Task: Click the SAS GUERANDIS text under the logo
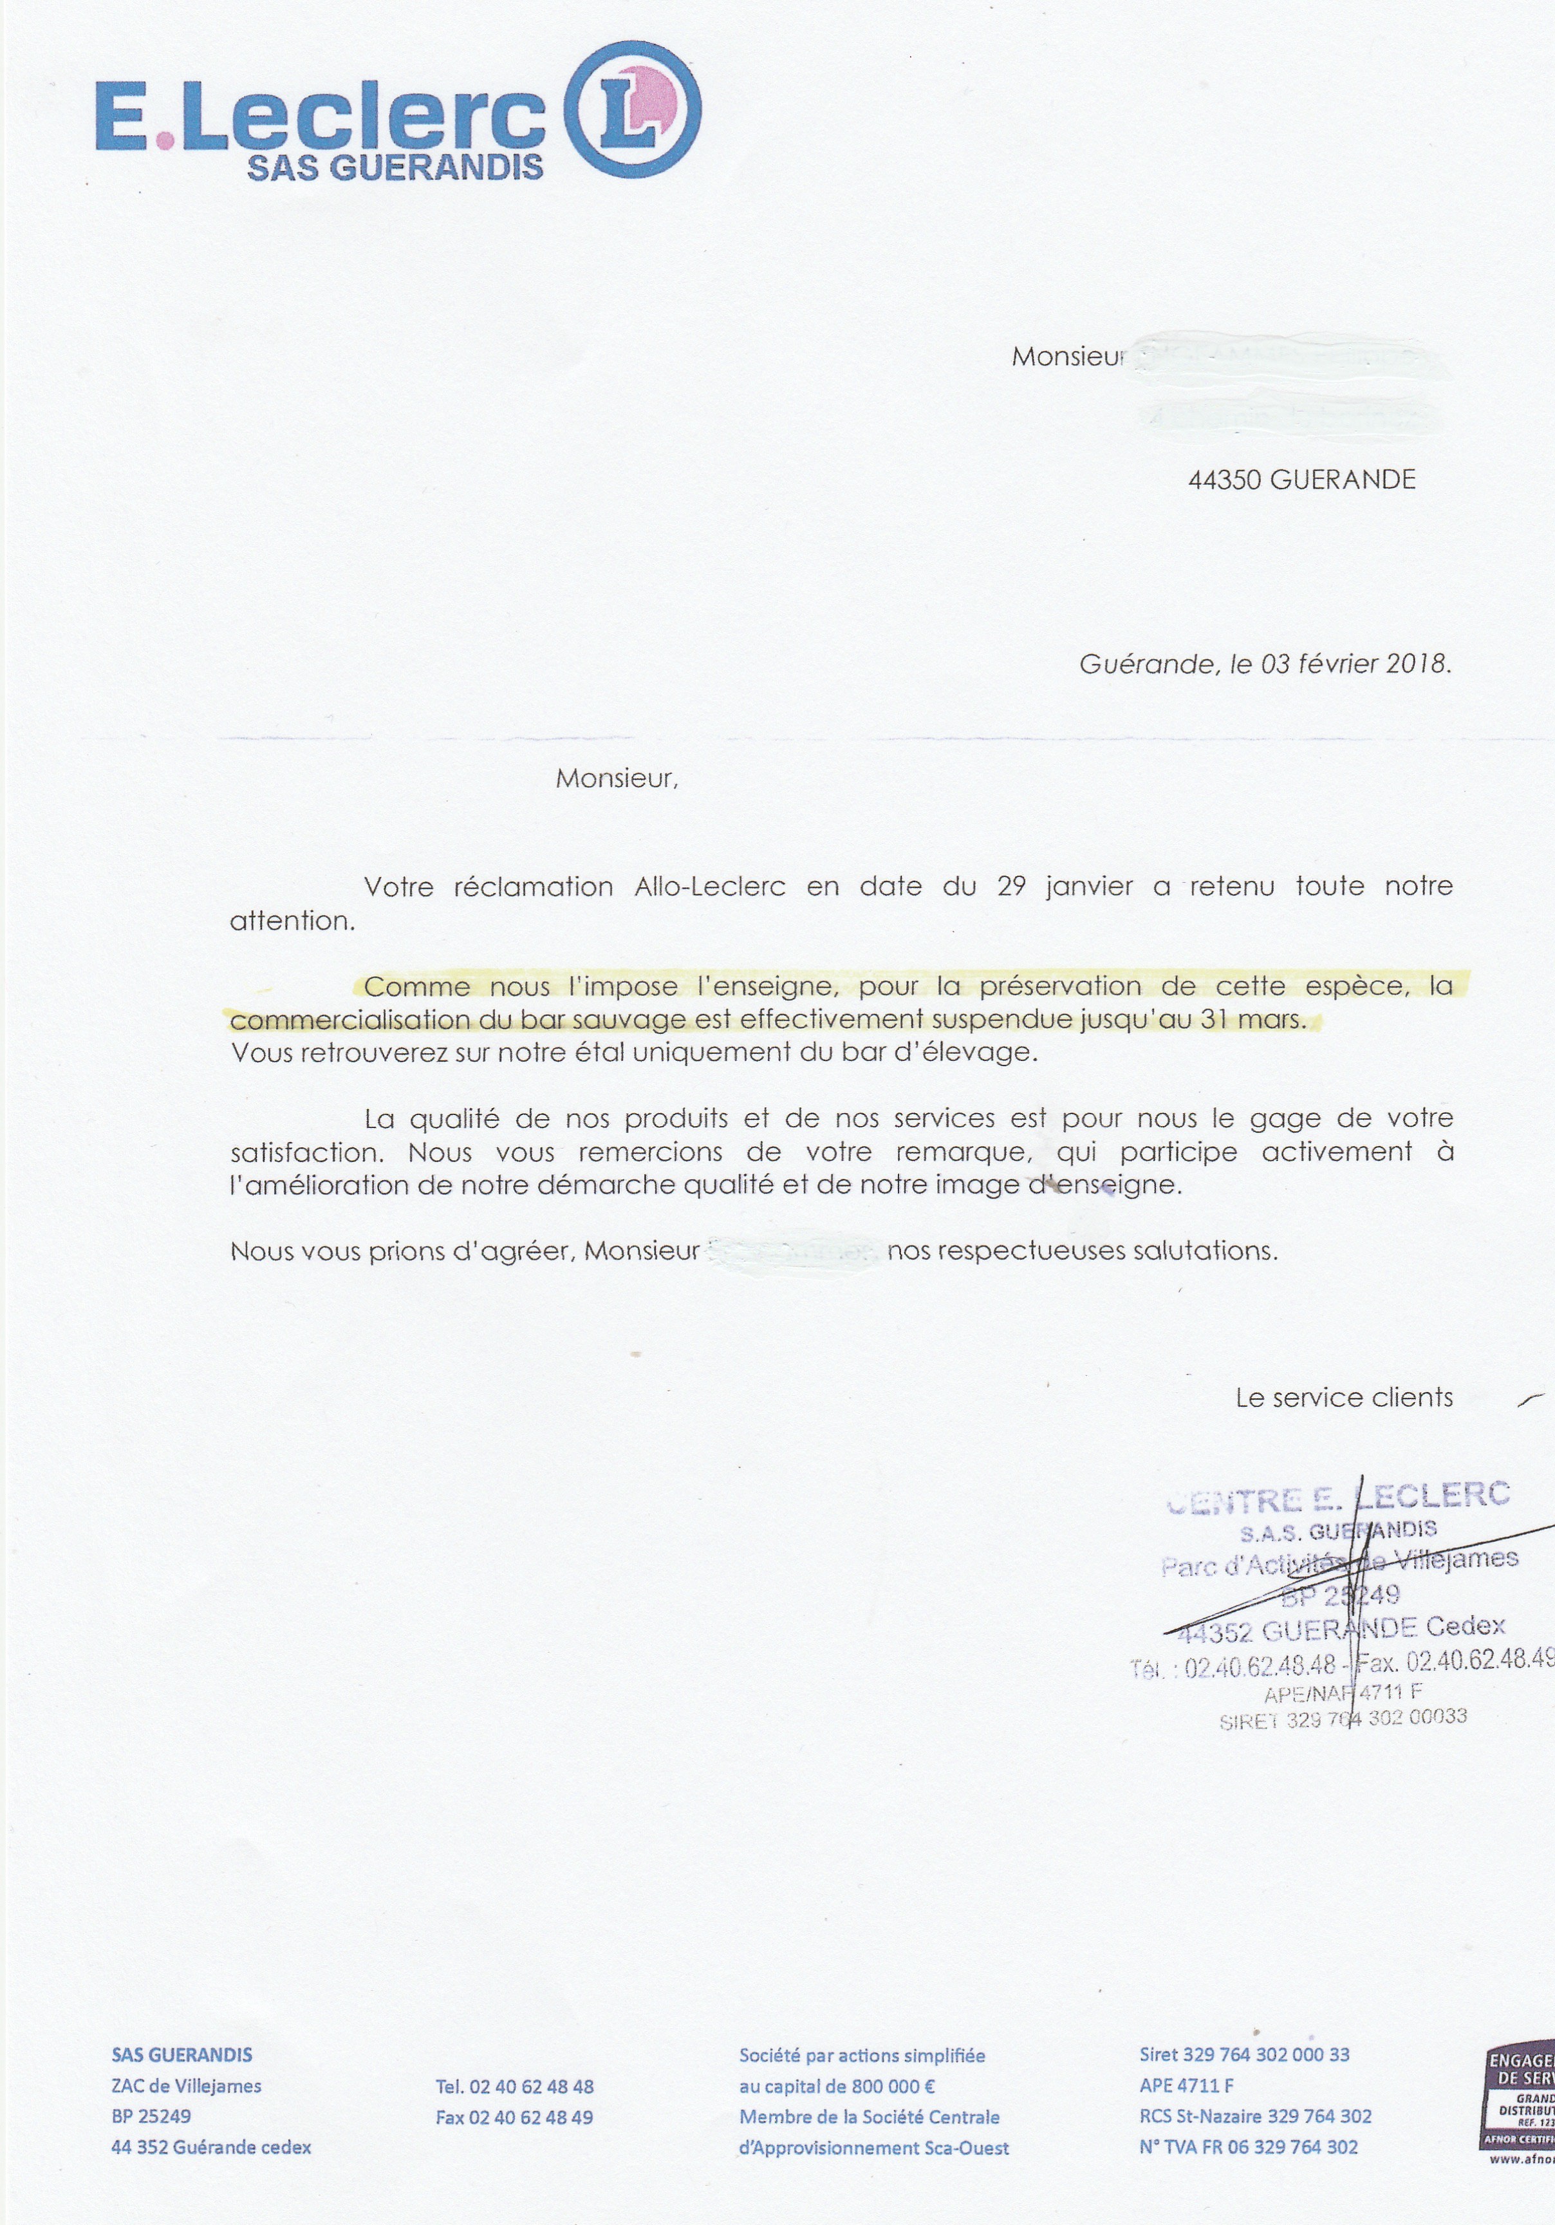tap(395, 167)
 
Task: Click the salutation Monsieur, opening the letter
tap(616, 779)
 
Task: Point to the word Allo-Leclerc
tap(709, 887)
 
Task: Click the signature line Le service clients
tap(1344, 1398)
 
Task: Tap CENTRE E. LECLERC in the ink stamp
tap(1338, 1498)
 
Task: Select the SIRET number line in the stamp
tap(1343, 1718)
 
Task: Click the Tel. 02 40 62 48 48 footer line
tap(514, 2087)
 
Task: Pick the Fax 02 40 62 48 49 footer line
tap(514, 2117)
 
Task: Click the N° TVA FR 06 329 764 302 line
tap(1248, 2148)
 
